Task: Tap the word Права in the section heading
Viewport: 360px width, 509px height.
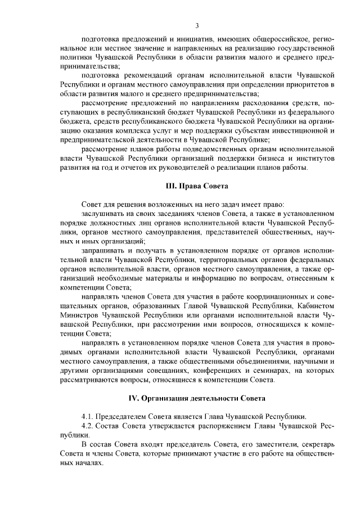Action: (x=174, y=185)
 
